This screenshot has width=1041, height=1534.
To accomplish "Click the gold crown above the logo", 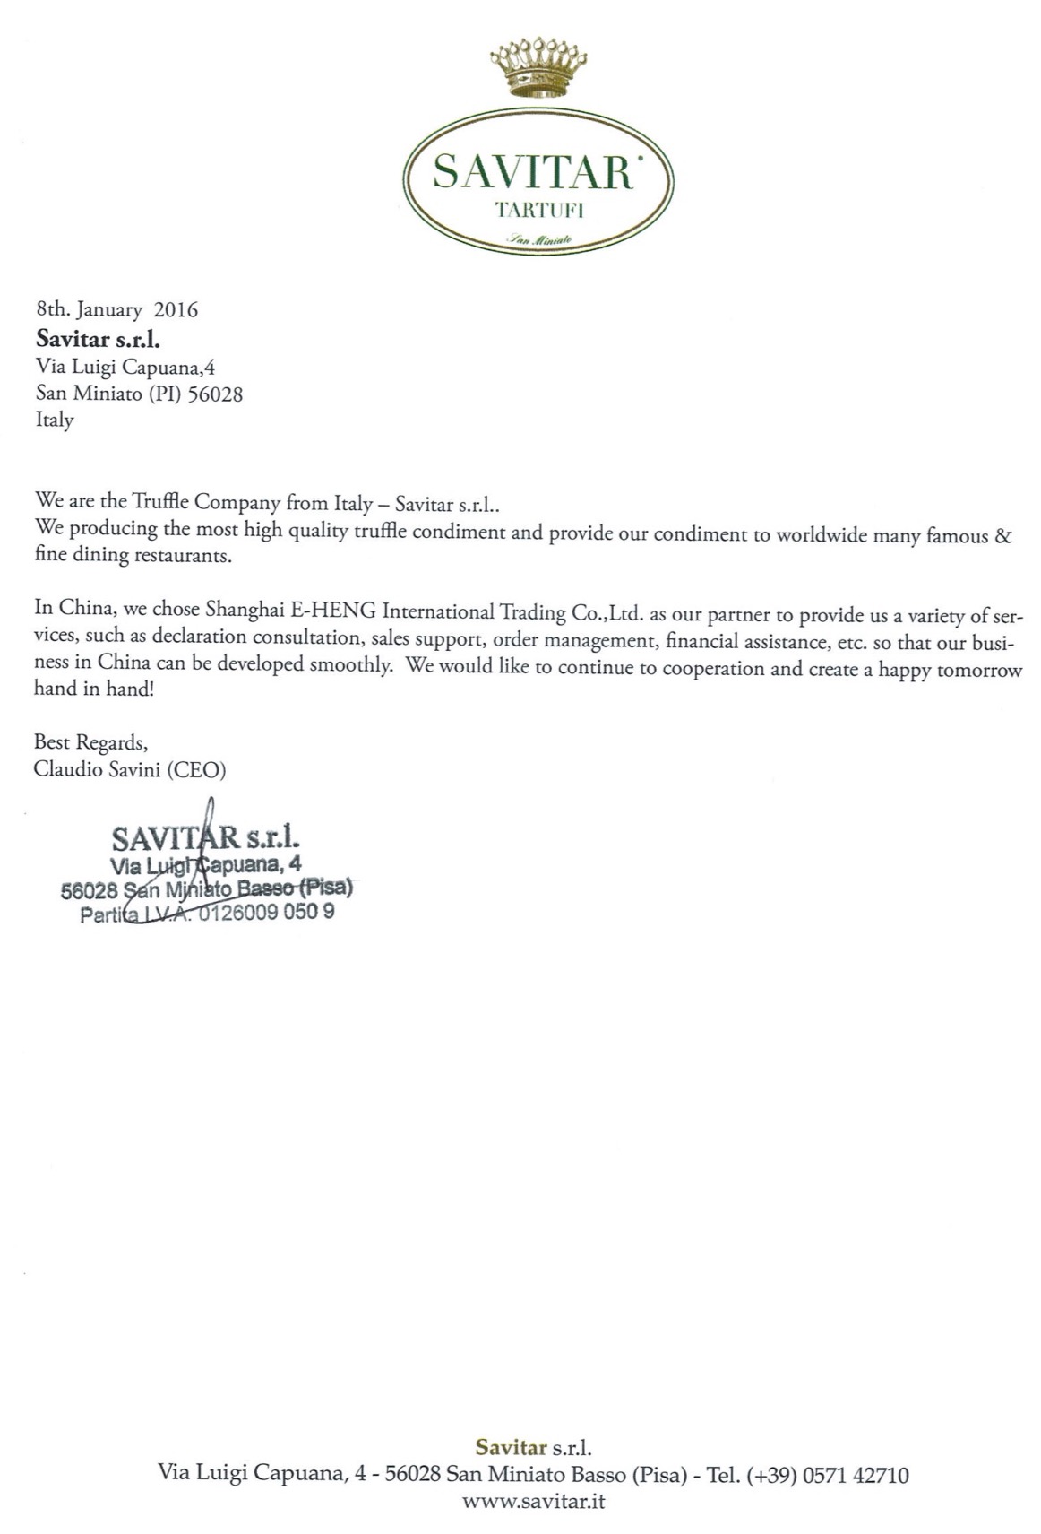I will (538, 67).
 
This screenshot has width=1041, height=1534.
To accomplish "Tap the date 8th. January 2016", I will (116, 310).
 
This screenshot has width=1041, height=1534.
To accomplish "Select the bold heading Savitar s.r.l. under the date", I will (98, 339).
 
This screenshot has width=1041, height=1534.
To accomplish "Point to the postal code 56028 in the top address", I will (215, 394).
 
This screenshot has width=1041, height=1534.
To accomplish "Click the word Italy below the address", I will (55, 420).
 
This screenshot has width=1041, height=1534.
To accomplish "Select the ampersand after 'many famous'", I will (1003, 536).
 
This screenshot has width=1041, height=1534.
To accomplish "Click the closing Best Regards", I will (90, 742).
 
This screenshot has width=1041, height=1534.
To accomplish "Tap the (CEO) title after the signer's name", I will (196, 769).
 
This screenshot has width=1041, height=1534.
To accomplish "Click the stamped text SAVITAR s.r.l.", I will (205, 839).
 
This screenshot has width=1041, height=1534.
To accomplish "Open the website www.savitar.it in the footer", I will (533, 1501).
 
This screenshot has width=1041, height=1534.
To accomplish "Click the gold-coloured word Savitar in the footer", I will (511, 1447).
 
